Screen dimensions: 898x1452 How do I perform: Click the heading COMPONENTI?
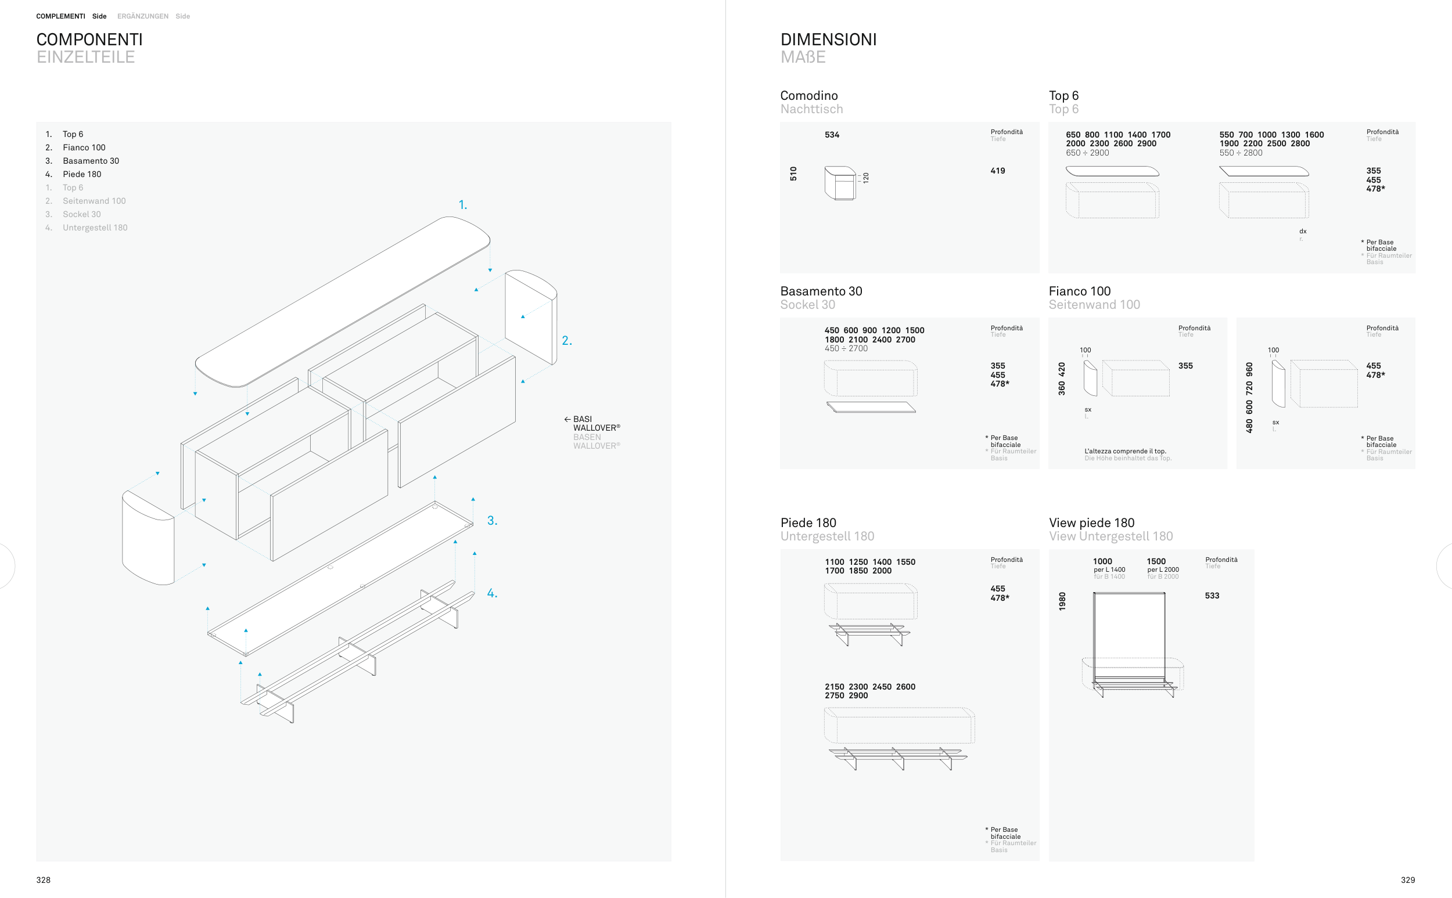click(x=89, y=40)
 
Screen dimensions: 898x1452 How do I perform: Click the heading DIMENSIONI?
click(x=828, y=40)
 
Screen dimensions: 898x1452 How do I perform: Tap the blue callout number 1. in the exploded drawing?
click(x=463, y=205)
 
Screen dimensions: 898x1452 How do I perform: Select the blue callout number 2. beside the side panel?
click(x=567, y=341)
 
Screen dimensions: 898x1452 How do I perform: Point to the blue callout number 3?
click(x=492, y=521)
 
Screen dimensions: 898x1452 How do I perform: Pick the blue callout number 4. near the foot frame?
click(x=492, y=593)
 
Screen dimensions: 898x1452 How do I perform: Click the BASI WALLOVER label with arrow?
click(x=592, y=424)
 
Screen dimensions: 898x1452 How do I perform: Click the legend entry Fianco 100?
click(x=84, y=147)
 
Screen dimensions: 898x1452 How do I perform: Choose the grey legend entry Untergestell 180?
click(x=95, y=228)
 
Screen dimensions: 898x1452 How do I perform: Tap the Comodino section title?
click(x=808, y=96)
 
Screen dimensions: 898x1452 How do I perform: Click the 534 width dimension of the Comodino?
click(x=832, y=135)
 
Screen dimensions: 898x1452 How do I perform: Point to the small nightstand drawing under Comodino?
click(x=840, y=183)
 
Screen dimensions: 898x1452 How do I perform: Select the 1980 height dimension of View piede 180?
click(x=1062, y=601)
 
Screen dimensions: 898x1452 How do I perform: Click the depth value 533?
click(x=1212, y=596)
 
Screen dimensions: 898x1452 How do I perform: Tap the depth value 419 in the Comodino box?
click(x=997, y=171)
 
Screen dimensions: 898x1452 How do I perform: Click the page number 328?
click(x=44, y=880)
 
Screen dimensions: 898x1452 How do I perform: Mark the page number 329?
click(x=1407, y=880)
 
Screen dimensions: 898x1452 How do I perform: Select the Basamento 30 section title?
click(x=821, y=291)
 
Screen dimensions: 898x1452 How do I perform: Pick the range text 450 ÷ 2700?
click(x=846, y=349)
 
